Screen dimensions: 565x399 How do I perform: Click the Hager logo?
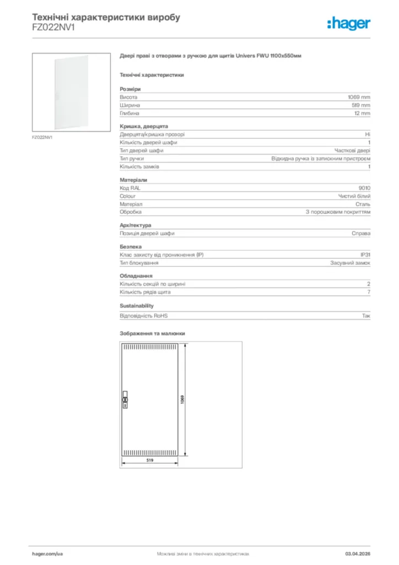pyautogui.click(x=349, y=23)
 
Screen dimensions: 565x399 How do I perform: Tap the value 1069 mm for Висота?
pyautogui.click(x=358, y=97)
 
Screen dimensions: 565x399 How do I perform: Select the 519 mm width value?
pyautogui.click(x=360, y=105)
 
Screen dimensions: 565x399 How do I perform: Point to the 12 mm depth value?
pyautogui.click(x=362, y=113)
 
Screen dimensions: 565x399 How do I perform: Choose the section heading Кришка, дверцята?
pyautogui.click(x=144, y=126)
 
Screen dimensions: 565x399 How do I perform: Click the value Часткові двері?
pyautogui.click(x=352, y=150)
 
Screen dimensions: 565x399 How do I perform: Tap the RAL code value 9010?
pyautogui.click(x=364, y=188)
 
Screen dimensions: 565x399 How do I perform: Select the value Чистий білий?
pyautogui.click(x=354, y=196)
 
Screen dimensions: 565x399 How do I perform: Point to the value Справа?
pyautogui.click(x=361, y=233)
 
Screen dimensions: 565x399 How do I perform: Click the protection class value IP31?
pyautogui.click(x=365, y=255)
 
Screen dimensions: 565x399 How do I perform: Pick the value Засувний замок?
pyautogui.click(x=350, y=263)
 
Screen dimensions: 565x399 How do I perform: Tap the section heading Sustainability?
pyautogui.click(x=137, y=306)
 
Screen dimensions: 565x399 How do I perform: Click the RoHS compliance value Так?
pyautogui.click(x=366, y=316)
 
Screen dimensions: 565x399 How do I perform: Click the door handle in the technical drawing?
pyautogui.click(x=125, y=401)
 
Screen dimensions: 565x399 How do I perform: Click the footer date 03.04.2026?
pyautogui.click(x=358, y=553)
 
